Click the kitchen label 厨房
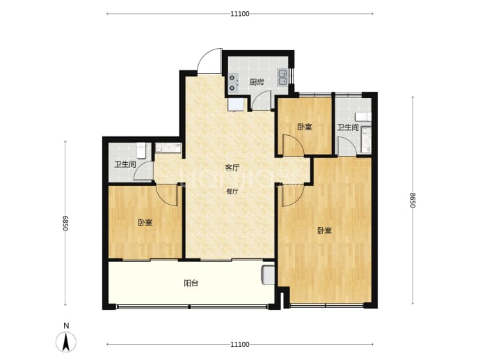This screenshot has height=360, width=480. point(257,82)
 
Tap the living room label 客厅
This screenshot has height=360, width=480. point(232,168)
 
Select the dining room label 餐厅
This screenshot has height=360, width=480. point(232,191)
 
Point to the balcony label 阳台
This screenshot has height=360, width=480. point(191,283)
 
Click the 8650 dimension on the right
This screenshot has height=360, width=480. point(413,200)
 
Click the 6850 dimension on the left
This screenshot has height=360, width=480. point(65,223)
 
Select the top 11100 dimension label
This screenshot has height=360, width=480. point(240,14)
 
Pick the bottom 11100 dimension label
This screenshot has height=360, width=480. point(240,345)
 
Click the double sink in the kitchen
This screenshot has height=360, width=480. point(282,77)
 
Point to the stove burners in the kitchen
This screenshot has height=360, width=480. point(233,83)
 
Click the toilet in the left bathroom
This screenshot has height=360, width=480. point(141,150)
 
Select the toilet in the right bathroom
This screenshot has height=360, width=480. point(363,117)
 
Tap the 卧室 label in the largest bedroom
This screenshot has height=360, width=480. point(324,230)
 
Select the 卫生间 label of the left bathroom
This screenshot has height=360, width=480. point(125,164)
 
